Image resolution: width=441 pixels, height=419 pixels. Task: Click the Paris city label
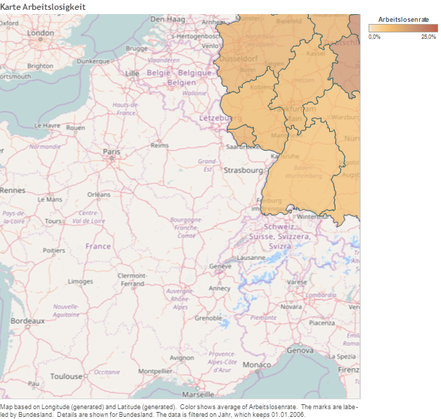pos(112,151)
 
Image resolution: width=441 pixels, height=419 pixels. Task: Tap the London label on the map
pos(40,32)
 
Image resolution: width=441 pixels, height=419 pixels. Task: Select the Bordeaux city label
pos(27,320)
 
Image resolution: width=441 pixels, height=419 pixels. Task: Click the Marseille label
pos(198,394)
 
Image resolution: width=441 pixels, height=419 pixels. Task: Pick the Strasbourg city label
pos(243,170)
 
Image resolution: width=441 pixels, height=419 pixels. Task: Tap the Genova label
pos(300,350)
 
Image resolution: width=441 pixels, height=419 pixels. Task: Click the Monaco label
pos(256,365)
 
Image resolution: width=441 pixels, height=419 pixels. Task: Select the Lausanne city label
pos(252,258)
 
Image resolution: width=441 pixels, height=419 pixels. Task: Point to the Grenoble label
pos(208,318)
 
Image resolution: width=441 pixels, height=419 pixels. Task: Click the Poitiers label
pos(53,250)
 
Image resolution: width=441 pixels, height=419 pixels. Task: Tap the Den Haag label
pos(167,18)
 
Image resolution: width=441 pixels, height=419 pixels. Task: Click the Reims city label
pos(160,145)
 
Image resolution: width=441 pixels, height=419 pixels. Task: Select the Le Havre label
pos(47,125)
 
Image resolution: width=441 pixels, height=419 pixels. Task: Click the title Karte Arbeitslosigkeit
pos(43,6)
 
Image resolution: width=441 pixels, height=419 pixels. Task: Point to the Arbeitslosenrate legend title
pos(403,20)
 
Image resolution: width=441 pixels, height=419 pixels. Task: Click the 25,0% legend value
pos(428,37)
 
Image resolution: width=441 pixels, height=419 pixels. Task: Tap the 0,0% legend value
pos(375,37)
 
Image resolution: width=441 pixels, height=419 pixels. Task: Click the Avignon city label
pos(181,357)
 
